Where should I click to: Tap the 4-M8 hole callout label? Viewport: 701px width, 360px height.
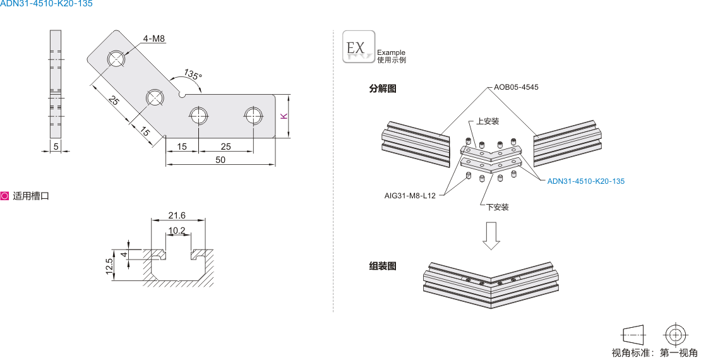click(153, 39)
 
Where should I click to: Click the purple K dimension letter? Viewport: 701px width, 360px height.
click(284, 116)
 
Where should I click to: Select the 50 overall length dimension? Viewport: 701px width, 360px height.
click(220, 160)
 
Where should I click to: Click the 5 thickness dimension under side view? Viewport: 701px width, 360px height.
click(56, 147)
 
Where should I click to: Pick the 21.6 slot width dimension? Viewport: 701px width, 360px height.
click(177, 216)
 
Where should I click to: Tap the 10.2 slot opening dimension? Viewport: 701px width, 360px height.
click(177, 231)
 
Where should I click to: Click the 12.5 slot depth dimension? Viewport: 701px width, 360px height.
click(109, 267)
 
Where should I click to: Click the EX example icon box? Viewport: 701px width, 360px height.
click(358, 47)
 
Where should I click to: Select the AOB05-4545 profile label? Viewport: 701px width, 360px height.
click(516, 87)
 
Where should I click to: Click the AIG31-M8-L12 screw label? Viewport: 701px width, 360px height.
click(410, 196)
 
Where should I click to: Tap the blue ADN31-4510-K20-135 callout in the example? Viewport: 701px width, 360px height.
click(585, 181)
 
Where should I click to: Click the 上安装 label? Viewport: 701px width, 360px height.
click(488, 121)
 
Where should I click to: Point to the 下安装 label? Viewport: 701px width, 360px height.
click(497, 207)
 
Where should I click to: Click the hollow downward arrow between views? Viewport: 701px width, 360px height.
click(491, 235)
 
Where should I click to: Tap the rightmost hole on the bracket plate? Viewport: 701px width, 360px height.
click(253, 116)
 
